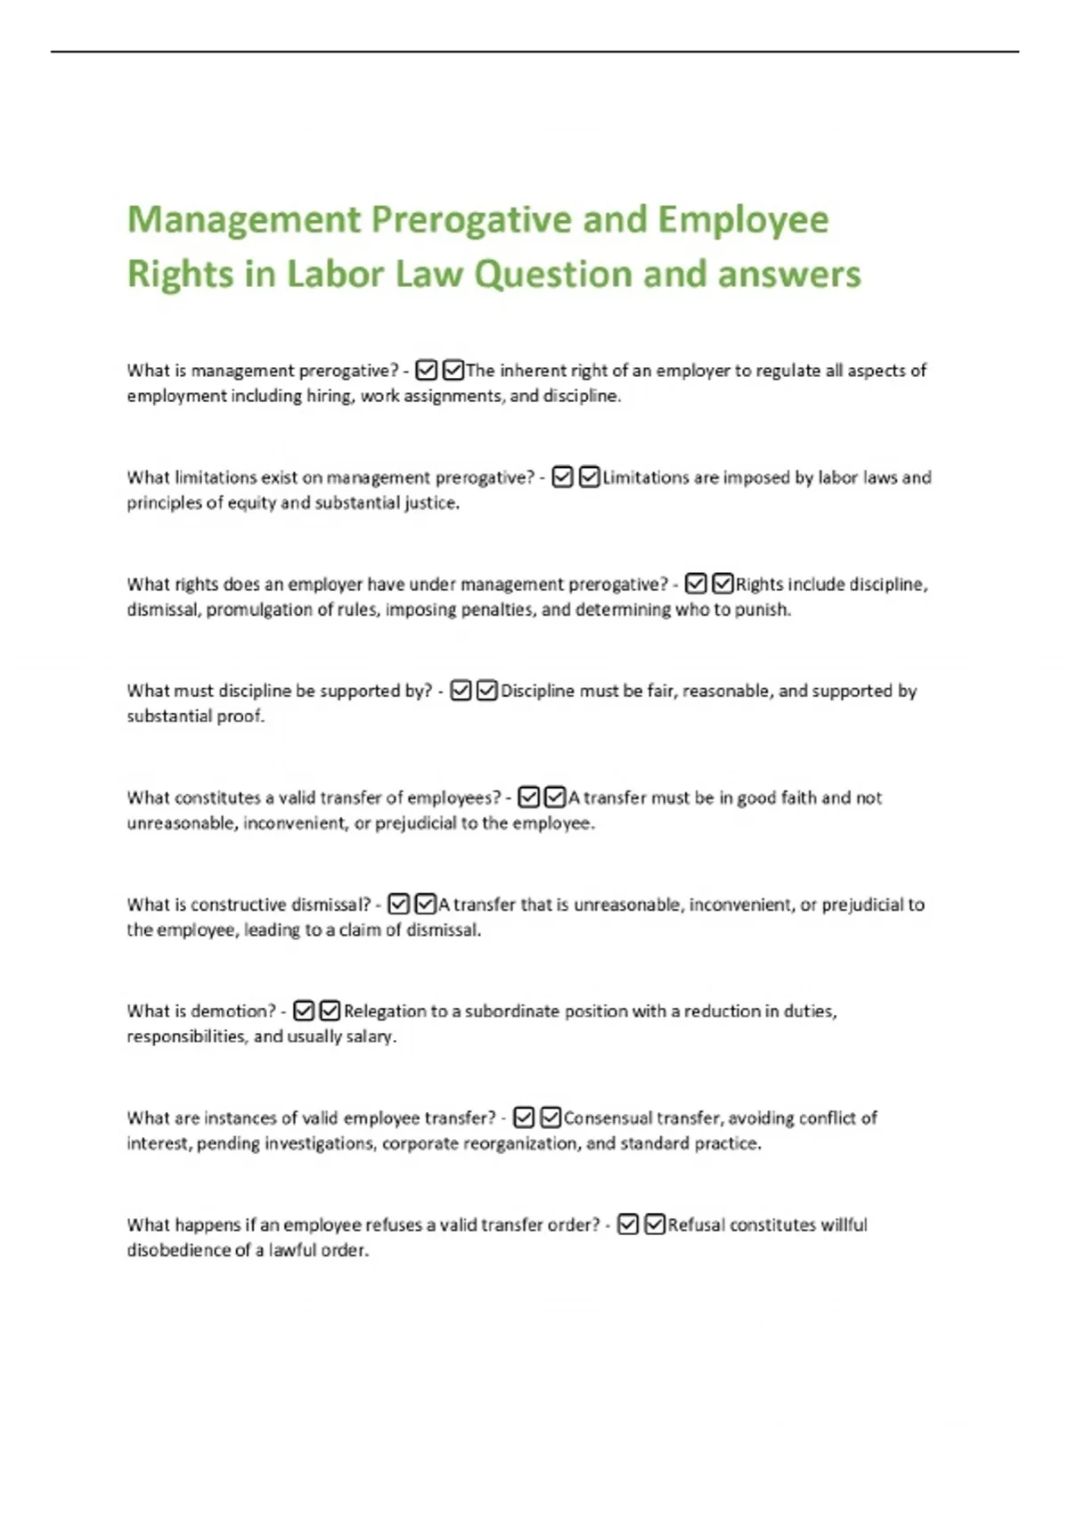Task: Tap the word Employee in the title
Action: click(743, 220)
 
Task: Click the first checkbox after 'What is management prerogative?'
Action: click(427, 370)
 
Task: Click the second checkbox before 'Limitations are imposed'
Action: click(589, 478)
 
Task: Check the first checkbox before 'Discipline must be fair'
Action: click(461, 691)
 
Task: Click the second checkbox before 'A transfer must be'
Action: click(554, 798)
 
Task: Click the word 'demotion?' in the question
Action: click(233, 1011)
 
